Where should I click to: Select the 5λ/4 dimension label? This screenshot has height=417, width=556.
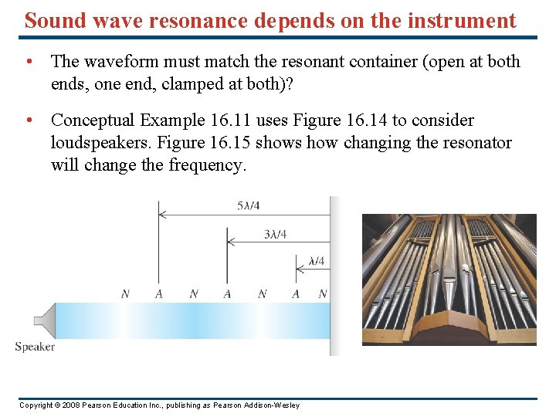pyautogui.click(x=248, y=205)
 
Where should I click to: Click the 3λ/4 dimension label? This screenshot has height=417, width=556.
pyautogui.click(x=275, y=234)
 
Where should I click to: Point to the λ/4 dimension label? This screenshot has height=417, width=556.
pyautogui.click(x=316, y=261)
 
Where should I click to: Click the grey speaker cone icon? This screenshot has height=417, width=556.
pyautogui.click(x=45, y=320)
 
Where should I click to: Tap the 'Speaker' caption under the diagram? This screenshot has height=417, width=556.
pyautogui.click(x=35, y=347)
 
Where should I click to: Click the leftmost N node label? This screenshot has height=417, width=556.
pyautogui.click(x=126, y=294)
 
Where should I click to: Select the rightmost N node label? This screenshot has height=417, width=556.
pyautogui.click(x=322, y=294)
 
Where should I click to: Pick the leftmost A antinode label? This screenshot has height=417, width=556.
pyautogui.click(x=158, y=294)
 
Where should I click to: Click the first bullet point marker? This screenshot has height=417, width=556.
pyautogui.click(x=28, y=60)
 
